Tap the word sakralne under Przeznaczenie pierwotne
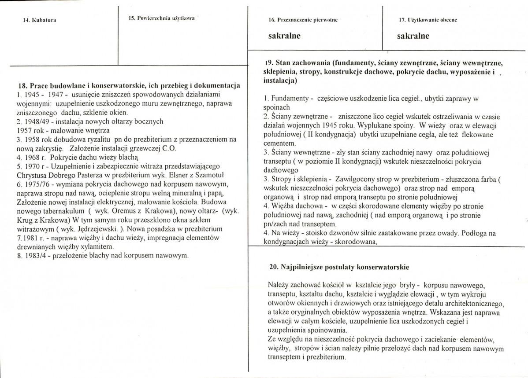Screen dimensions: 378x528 coord(284,36)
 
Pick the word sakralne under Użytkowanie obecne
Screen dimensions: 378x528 coord(413,36)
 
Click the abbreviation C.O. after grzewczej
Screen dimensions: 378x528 coord(168,148)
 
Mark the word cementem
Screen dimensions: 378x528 coord(278,143)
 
